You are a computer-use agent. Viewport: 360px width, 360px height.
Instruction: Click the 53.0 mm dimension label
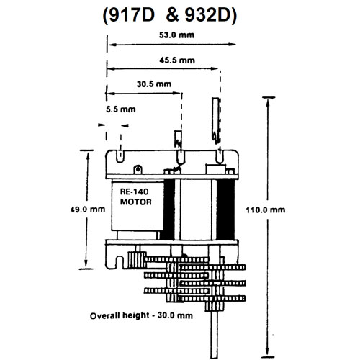click(176, 35)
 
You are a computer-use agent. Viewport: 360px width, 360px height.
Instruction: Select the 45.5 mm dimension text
click(177, 60)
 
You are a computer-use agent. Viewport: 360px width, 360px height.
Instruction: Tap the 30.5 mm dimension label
click(154, 84)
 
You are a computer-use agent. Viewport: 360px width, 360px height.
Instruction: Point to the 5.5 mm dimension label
click(121, 109)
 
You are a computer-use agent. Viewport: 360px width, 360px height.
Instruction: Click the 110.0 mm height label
click(266, 210)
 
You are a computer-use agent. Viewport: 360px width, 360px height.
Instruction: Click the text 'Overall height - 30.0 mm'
click(141, 315)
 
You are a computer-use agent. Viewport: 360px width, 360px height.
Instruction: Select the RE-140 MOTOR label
click(136, 197)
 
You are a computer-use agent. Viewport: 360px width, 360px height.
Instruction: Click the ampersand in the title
click(172, 16)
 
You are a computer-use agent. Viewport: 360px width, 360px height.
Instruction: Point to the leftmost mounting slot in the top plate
click(120, 156)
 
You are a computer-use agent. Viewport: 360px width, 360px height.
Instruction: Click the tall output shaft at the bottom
click(215, 334)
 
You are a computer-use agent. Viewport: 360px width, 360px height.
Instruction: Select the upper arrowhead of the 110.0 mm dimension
click(268, 102)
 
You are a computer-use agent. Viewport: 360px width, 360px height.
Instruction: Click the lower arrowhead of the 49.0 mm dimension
click(86, 264)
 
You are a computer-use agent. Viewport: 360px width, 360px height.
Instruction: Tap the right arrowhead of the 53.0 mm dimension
click(232, 45)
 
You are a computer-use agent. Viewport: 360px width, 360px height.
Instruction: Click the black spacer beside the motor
click(168, 210)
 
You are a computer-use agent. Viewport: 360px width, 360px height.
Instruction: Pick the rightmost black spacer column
click(225, 210)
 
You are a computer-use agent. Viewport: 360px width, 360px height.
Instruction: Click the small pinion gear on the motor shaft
click(137, 261)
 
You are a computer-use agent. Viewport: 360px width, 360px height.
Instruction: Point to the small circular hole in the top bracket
click(138, 169)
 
